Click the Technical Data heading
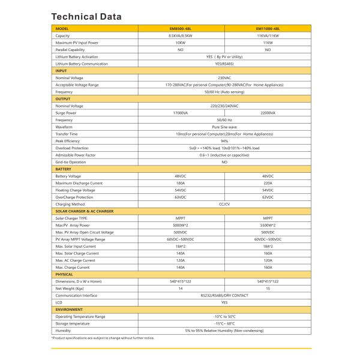tap(86, 16)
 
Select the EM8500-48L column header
tap(180, 29)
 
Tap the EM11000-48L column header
tap(268, 29)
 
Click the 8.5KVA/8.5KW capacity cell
tap(180, 36)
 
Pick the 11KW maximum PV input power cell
tap(268, 43)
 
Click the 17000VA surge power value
tap(180, 113)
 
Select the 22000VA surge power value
tap(268, 113)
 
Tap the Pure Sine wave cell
tap(224, 127)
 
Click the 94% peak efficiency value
tap(224, 141)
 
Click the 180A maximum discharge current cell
tap(180, 183)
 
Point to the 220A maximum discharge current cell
tap(268, 183)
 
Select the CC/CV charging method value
tap(224, 204)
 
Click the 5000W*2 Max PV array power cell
tap(180, 225)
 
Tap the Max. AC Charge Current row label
tap(76, 260)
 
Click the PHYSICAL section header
tap(65, 274)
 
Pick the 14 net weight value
tap(180, 288)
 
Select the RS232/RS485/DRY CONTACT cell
tap(224, 295)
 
